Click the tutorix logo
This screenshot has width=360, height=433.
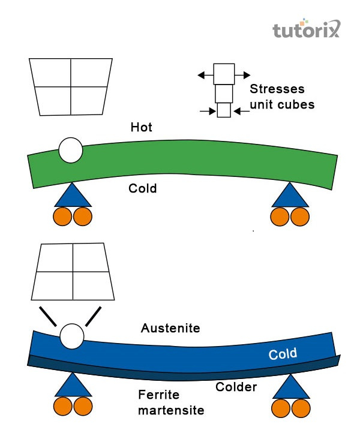pos(306,29)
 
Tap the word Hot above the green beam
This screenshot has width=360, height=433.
pos(142,127)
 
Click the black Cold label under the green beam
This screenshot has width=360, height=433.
pos(142,188)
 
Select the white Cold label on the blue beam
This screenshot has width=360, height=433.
pos(282,354)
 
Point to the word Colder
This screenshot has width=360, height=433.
pos(236,387)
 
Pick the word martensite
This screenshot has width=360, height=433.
pos(171,411)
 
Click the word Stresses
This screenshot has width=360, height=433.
pos(277,89)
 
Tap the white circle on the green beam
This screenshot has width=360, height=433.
pos(71,151)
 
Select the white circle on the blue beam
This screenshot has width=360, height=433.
pos(71,336)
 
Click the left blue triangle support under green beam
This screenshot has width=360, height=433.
pos(71,196)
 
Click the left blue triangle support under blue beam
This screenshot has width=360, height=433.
pos(73,386)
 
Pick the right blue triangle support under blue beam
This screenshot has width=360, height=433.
pos(291,387)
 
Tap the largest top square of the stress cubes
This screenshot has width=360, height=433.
pos(224,74)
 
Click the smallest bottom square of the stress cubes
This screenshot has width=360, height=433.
pos(223,111)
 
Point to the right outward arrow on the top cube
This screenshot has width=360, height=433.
pos(243,75)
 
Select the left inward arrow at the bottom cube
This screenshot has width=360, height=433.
pos(208,111)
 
